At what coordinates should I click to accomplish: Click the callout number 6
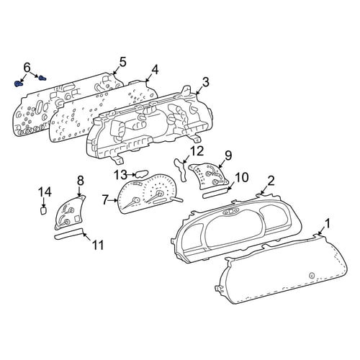[27, 68]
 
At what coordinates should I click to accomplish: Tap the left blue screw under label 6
[19, 84]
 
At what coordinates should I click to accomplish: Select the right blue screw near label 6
[42, 78]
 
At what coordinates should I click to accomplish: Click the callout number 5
[122, 62]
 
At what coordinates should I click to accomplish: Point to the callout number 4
[155, 70]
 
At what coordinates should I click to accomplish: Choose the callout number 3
[206, 82]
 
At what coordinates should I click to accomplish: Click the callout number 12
[197, 151]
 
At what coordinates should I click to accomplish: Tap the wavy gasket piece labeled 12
[181, 170]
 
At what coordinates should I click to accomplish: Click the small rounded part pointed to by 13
[142, 174]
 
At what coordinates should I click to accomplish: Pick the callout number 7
[104, 200]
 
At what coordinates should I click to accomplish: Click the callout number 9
[228, 156]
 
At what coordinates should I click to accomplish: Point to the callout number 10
[241, 178]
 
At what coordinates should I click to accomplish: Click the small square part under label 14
[43, 211]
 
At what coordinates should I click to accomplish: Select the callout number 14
[45, 192]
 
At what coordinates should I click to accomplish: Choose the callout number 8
[80, 181]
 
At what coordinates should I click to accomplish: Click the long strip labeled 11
[68, 234]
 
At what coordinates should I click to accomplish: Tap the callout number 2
[271, 181]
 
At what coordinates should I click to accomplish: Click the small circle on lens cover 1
[312, 275]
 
